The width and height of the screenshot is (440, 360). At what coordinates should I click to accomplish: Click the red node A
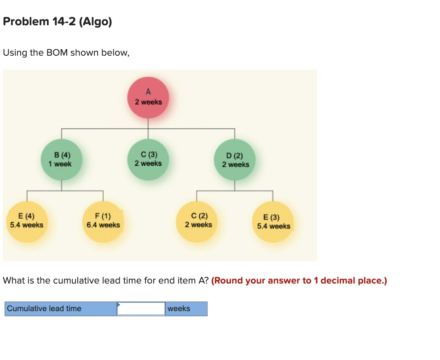148,98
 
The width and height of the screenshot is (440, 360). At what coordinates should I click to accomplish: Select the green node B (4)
62,159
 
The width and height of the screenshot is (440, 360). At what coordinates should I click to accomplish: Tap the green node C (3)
148,159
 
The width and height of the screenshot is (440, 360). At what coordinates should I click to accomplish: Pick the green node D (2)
235,160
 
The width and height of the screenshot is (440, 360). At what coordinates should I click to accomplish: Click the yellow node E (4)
27,221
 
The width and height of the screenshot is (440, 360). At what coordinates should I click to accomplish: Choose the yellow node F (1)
103,221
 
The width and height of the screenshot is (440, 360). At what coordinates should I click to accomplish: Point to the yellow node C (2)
198,221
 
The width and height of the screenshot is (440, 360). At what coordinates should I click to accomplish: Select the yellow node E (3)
273,222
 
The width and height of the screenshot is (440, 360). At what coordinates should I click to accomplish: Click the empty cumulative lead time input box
141,308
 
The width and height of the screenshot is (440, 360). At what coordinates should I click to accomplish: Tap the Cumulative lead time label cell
61,308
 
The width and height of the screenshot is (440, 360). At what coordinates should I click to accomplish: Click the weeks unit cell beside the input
186,308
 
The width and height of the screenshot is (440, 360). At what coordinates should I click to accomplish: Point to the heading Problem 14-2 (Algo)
58,22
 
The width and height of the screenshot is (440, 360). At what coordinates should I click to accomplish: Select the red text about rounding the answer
299,280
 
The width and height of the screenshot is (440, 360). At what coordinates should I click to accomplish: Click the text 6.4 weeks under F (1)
103,225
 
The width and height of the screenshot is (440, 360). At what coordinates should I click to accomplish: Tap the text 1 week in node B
60,164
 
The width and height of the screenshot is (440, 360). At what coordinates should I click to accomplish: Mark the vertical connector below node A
148,123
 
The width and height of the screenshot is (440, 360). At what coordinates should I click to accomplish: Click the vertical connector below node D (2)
235,185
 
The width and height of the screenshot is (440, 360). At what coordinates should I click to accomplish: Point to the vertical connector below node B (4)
62,185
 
